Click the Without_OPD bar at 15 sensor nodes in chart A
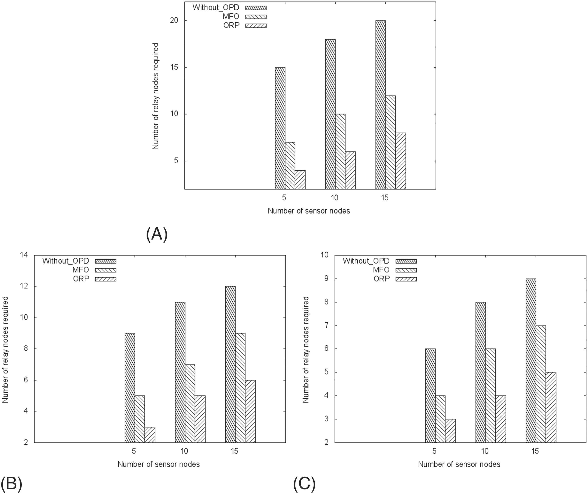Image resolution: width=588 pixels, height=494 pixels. coord(381,105)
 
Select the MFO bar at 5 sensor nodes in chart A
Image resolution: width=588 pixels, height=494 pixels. coord(290,166)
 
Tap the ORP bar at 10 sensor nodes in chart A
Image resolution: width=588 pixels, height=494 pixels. coord(350,170)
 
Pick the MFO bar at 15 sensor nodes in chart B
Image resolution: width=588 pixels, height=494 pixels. coord(240,388)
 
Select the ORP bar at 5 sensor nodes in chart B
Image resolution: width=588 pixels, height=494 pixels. coord(150,435)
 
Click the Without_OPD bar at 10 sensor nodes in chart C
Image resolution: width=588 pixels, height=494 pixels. coord(481,372)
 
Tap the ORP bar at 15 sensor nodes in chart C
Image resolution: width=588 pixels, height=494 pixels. coord(551,407)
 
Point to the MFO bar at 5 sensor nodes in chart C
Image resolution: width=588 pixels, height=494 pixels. coord(440,419)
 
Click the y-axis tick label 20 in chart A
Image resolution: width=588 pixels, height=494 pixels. coord(174,21)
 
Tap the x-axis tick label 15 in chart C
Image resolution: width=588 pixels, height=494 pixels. coord(535,451)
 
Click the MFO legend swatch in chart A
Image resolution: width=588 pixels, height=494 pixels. coord(256,17)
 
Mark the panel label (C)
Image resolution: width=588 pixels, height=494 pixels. coord(304,484)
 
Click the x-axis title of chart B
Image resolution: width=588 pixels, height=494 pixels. coord(158,464)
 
